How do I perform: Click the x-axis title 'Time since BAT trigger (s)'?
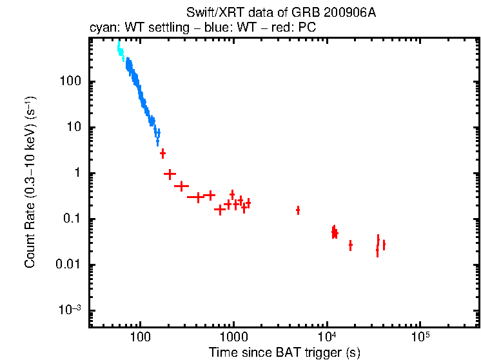click(x=284, y=352)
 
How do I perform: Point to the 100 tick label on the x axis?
click(x=140, y=337)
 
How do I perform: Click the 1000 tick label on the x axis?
click(x=233, y=337)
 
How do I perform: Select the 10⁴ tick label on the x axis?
click(x=327, y=337)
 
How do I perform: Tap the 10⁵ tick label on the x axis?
click(x=420, y=337)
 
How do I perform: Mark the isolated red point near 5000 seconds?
click(x=298, y=210)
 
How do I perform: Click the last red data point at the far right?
click(x=384, y=245)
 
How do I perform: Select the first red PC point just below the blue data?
click(x=163, y=154)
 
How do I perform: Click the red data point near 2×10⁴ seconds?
click(x=350, y=245)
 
